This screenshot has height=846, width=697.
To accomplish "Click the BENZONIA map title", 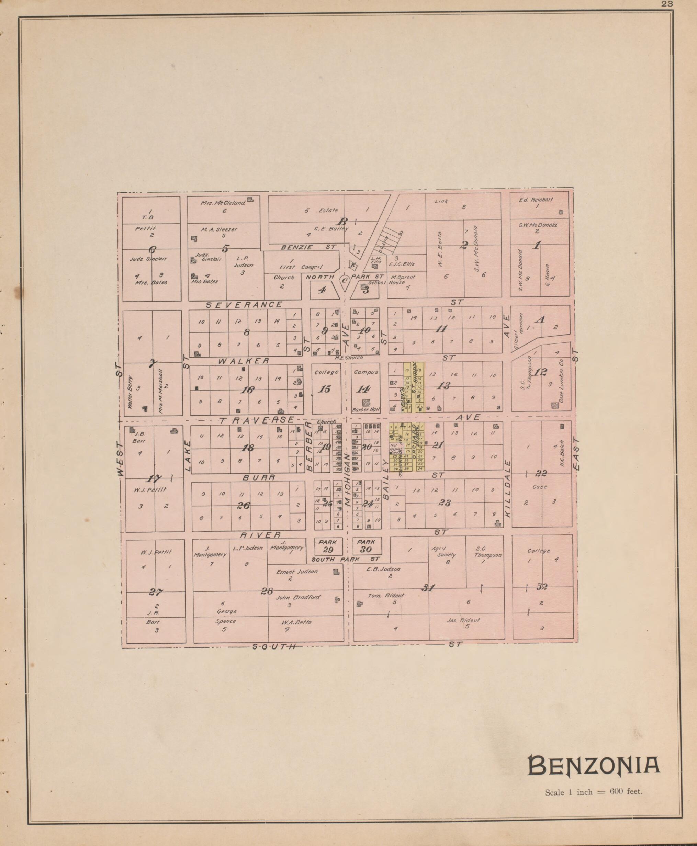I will pos(593,765).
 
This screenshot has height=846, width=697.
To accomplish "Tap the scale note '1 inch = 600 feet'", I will pos(593,792).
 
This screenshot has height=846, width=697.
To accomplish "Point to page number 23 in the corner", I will pos(668,4).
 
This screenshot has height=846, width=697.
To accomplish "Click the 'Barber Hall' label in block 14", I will pos(366,410).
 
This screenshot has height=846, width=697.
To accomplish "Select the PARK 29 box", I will pos(328,546).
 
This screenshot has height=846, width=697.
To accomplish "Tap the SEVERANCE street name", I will pos(244,305).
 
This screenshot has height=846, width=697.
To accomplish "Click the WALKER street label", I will pos(244,361).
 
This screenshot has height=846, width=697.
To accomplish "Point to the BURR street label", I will pos(259,478).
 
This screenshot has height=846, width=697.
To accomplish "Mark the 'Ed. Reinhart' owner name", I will pos(536,200).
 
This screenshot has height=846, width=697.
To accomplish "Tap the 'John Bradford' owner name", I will pos(298,597).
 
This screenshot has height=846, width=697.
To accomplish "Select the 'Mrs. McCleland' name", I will pos(223,203).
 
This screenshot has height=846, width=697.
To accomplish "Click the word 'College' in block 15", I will pos(326,372).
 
